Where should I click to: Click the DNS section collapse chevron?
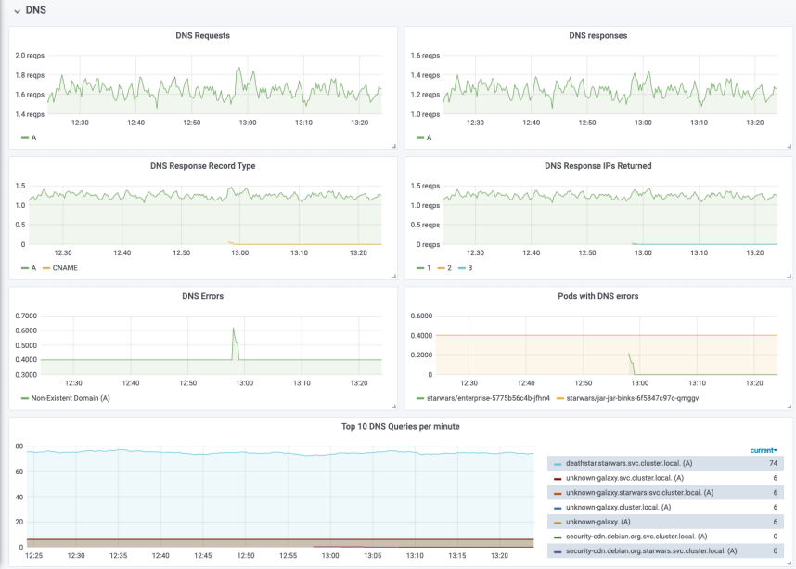coord(18,10)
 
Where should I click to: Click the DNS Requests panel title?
coord(202,35)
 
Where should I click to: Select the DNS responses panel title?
coord(598,35)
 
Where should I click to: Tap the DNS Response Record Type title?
coord(202,165)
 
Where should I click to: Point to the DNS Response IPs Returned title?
coord(598,165)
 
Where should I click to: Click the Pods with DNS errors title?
coord(598,296)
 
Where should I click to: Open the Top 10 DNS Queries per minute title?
coord(401,426)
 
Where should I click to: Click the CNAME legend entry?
coord(60,267)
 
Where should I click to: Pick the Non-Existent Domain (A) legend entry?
coord(66,398)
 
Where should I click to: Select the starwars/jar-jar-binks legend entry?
coord(627,398)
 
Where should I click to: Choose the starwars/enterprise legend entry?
coord(483,398)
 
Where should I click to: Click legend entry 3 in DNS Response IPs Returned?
coord(465,267)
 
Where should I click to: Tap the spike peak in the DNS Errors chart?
coord(234,328)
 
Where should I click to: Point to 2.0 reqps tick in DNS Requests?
coord(30,56)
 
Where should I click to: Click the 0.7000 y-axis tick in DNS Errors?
coord(26,316)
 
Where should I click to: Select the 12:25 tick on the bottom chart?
coord(34,555)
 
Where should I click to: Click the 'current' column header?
coord(764,450)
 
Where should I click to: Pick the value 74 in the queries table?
coord(773,463)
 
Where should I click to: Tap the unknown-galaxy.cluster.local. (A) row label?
coord(618,507)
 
